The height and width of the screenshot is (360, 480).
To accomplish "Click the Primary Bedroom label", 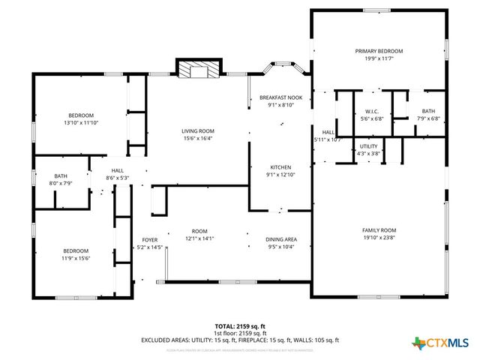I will coord(379,51).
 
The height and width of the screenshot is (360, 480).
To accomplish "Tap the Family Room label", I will coord(379,230).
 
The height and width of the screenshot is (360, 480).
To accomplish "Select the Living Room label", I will coord(198,131).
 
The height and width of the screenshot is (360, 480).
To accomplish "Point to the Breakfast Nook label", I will coord(280,97).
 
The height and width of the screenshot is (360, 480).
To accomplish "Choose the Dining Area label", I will coord(280,239).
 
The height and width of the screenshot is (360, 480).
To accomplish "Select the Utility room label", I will coord(368,146).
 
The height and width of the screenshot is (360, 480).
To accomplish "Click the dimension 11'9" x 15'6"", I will coord(76,258).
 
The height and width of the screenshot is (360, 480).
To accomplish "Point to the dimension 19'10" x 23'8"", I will coord(379,238).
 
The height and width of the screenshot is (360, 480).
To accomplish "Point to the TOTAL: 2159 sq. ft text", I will coord(239,325).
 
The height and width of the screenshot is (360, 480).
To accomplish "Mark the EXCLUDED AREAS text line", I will coord(239,340).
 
